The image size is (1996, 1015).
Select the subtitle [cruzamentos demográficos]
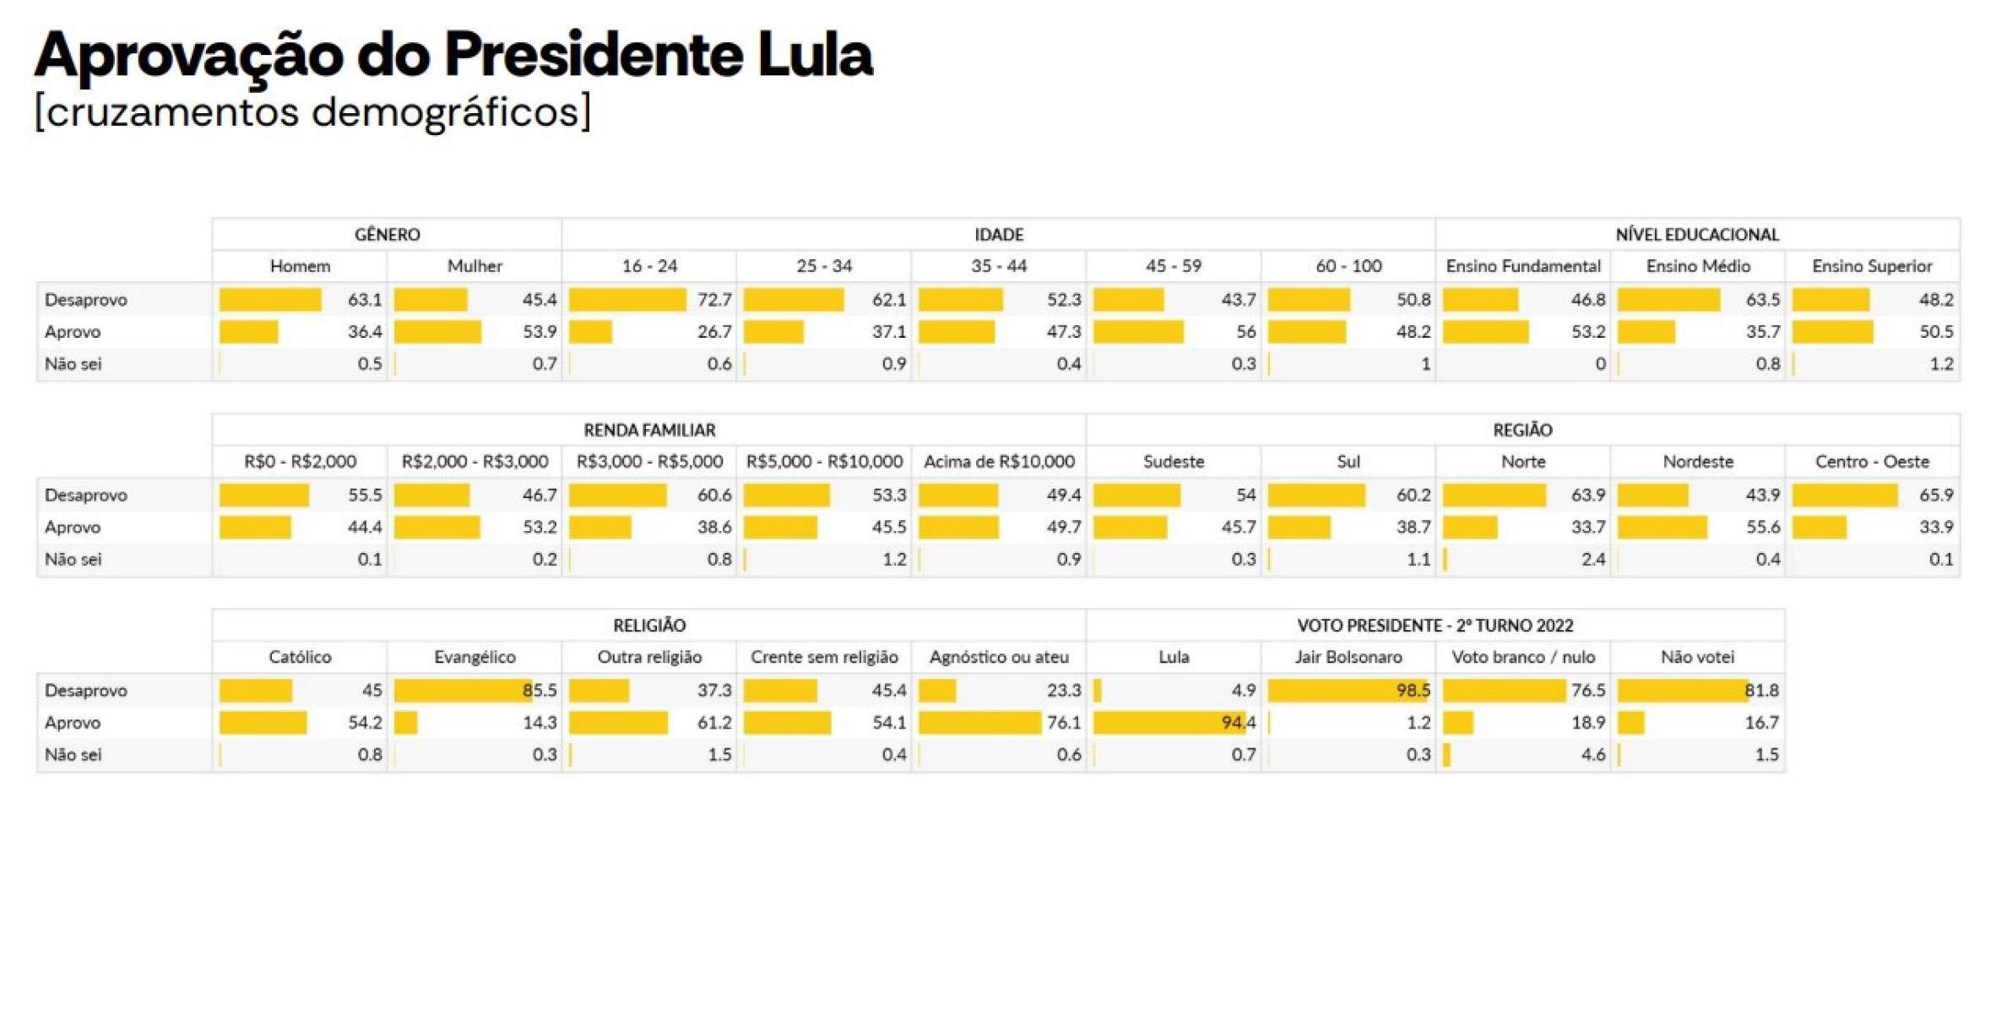pyautogui.click(x=312, y=111)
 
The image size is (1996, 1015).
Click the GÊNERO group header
pyautogui.click(x=387, y=235)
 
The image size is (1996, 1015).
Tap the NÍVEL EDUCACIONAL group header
pyautogui.click(x=1697, y=235)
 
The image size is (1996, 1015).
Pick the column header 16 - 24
pyautogui.click(x=649, y=267)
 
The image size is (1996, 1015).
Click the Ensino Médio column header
pyautogui.click(x=1697, y=267)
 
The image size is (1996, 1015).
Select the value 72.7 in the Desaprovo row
pyautogui.click(x=714, y=300)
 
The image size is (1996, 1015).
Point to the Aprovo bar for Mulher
pyautogui.click(x=437, y=332)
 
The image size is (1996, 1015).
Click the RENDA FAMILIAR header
pyautogui.click(x=649, y=431)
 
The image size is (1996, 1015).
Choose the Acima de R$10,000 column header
pyautogui.click(x=999, y=462)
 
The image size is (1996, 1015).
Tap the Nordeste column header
pyautogui.click(x=1697, y=462)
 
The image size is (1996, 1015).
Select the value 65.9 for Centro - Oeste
pyautogui.click(x=1935, y=495)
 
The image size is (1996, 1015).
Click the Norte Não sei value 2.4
pyautogui.click(x=1592, y=559)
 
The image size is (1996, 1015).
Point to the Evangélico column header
pyautogui.click(x=475, y=657)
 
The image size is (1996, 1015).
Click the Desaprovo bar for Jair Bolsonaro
pyautogui.click(x=1348, y=691)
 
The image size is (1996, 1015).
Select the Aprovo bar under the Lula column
pyautogui.click(x=1169, y=723)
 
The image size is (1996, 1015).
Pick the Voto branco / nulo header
pyautogui.click(x=1522, y=657)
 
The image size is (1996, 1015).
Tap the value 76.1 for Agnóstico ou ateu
pyautogui.click(x=1063, y=723)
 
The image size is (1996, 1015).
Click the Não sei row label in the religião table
pyautogui.click(x=73, y=755)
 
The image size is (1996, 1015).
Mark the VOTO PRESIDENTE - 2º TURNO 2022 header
pyautogui.click(x=1435, y=626)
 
